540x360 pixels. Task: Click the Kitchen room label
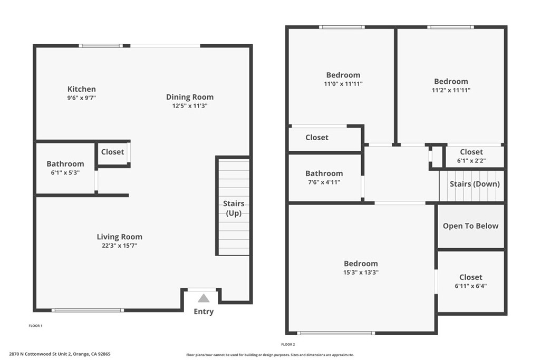click(x=82, y=89)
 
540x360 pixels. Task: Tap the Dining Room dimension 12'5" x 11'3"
click(x=190, y=106)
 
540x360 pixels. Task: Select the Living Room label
click(x=119, y=237)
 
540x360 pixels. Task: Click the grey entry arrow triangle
click(x=204, y=298)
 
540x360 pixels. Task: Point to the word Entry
click(x=204, y=312)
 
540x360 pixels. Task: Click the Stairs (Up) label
click(x=233, y=208)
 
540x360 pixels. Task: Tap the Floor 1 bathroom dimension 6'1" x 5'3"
click(x=65, y=173)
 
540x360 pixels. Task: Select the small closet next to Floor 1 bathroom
click(x=112, y=152)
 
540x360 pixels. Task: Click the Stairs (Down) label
click(x=474, y=184)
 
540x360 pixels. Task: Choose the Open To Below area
click(x=470, y=226)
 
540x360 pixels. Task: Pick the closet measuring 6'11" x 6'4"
click(x=470, y=281)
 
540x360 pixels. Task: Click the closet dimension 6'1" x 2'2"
click(x=471, y=161)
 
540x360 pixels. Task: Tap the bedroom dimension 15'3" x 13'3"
click(x=361, y=273)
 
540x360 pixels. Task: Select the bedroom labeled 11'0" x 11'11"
click(x=343, y=79)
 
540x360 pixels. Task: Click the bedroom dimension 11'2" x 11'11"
click(x=451, y=90)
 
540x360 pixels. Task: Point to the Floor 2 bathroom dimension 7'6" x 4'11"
click(x=324, y=182)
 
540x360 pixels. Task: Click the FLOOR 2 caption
click(x=288, y=344)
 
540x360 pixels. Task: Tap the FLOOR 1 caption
click(x=35, y=326)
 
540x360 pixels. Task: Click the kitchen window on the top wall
click(x=101, y=46)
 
